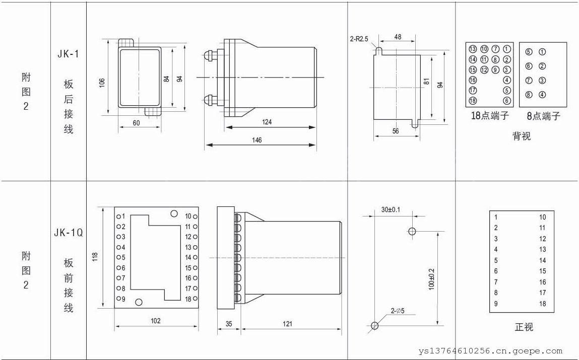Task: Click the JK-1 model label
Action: [x=69, y=54]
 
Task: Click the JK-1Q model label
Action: [x=69, y=233]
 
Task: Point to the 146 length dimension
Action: [x=256, y=140]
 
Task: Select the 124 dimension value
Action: [x=267, y=122]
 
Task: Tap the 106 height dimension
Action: [x=102, y=83]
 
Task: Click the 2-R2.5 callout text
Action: [x=359, y=39]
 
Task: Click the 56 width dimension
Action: [x=396, y=131]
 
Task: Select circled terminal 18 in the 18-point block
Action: [x=473, y=101]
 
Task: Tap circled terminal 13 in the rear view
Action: [x=473, y=49]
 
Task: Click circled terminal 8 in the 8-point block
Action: [x=529, y=95]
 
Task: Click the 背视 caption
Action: [x=522, y=136]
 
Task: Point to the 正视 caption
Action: [x=524, y=327]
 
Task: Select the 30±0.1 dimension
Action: [x=391, y=210]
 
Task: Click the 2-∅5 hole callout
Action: [x=398, y=311]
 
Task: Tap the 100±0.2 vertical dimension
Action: [x=432, y=279]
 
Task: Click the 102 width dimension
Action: [x=156, y=321]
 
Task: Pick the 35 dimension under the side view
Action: [x=229, y=324]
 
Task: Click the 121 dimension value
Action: [x=287, y=324]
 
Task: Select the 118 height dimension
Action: [x=95, y=257]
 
